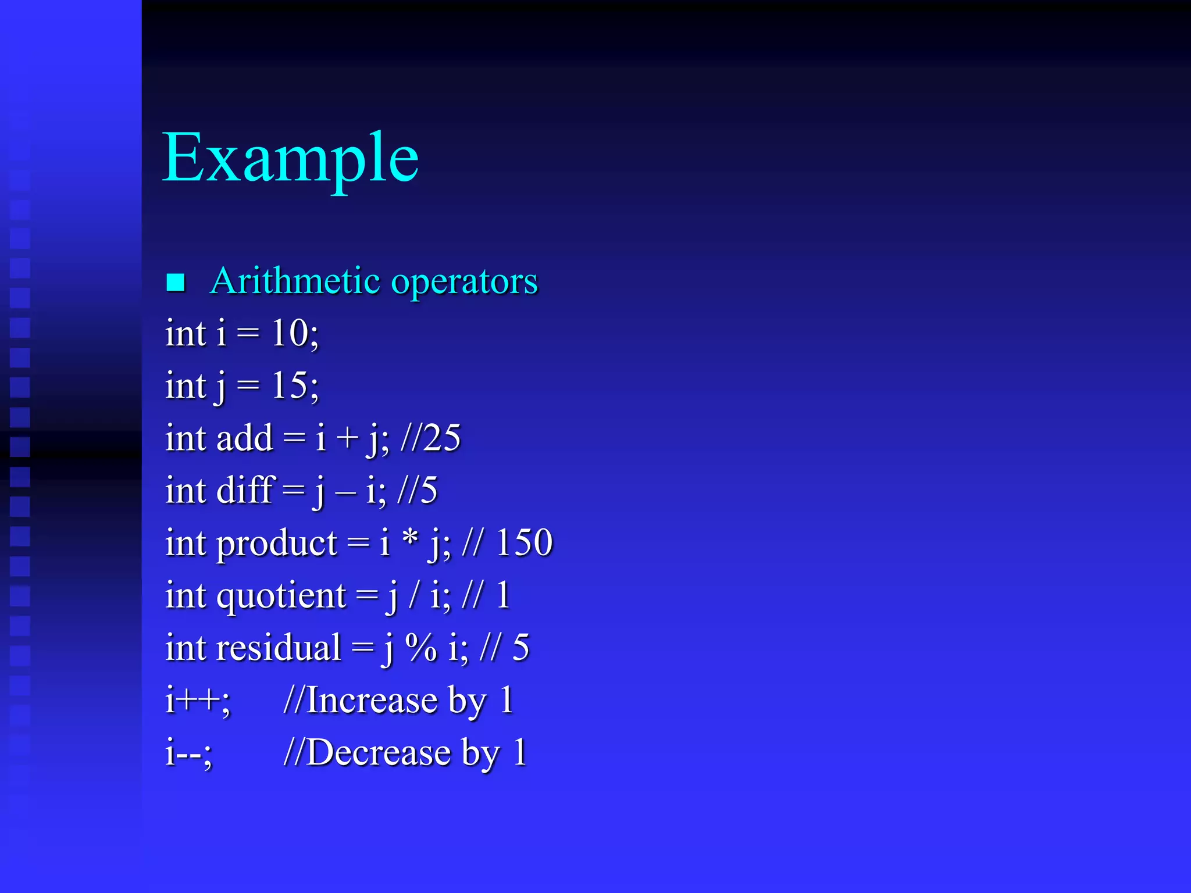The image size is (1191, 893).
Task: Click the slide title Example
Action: [290, 158]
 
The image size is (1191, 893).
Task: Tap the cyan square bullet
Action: [176, 283]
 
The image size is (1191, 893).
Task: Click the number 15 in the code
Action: [290, 385]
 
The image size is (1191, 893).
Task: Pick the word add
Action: [244, 438]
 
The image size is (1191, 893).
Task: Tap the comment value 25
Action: [442, 438]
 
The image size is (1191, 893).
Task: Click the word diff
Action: [245, 490]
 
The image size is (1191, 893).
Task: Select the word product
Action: [277, 544]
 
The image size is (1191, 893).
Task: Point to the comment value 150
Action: [524, 542]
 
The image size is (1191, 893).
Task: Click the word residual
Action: [279, 648]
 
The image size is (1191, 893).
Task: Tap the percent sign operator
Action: [420, 648]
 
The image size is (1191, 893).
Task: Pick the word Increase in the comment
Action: [372, 700]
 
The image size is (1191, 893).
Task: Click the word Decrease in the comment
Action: [379, 752]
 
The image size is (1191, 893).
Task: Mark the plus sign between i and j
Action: [347, 439]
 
